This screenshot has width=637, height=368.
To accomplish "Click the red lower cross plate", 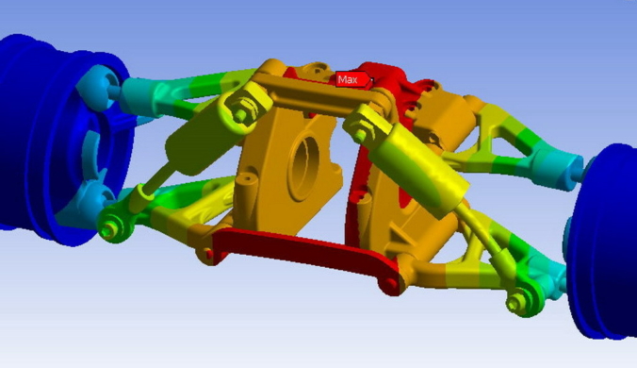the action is (304, 256).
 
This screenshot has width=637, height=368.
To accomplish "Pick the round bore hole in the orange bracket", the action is (303, 168).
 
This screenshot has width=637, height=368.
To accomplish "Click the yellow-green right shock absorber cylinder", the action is (418, 171).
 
